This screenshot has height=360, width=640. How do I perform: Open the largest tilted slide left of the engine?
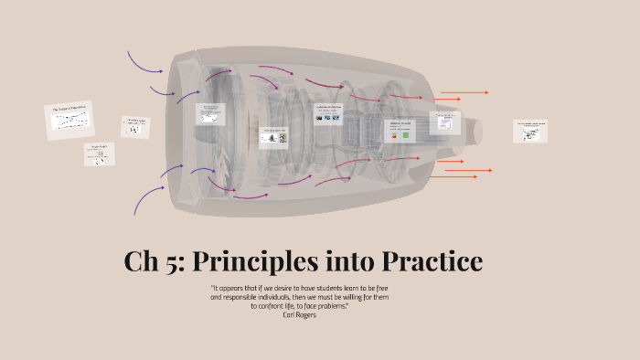coord(69,120)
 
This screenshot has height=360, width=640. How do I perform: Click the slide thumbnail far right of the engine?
coord(530,131)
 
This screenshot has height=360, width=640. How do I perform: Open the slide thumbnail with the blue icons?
coord(327,114)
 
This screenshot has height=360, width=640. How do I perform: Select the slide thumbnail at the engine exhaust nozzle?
coord(445,122)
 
